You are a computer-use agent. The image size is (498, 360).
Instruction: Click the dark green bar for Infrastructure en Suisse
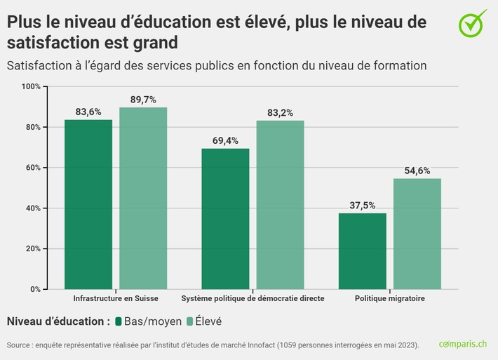pyautogui.click(x=88, y=204)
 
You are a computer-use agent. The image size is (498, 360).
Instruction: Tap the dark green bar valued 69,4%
pyautogui.click(x=225, y=218)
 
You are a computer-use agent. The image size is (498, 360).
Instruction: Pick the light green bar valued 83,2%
pyautogui.click(x=280, y=204)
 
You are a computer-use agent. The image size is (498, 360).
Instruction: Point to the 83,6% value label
pyautogui.click(x=88, y=112)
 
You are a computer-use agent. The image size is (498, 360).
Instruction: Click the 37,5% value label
pyautogui.click(x=362, y=205)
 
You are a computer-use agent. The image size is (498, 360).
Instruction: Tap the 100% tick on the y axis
pyautogui.click(x=32, y=86)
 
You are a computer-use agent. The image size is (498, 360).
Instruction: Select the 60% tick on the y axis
pyautogui.click(x=33, y=168)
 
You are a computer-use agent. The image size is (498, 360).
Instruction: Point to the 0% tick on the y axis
pyautogui.click(x=35, y=289)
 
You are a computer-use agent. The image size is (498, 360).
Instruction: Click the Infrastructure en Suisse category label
pyautogui.click(x=116, y=298)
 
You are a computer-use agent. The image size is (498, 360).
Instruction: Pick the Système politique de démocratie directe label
pyautogui.click(x=253, y=298)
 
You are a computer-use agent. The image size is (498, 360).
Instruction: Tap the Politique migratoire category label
pyautogui.click(x=389, y=298)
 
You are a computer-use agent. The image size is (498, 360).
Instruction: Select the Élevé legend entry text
pyautogui.click(x=206, y=321)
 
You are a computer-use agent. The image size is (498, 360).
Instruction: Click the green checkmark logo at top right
pyautogui.click(x=472, y=23)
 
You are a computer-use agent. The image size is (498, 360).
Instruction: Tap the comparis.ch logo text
pyautogui.click(x=462, y=345)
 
